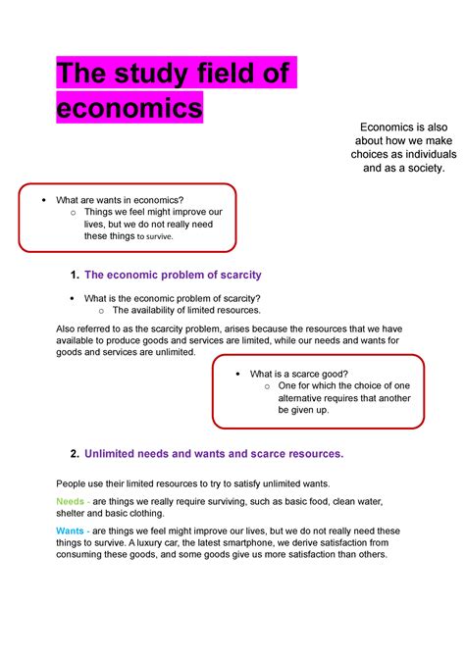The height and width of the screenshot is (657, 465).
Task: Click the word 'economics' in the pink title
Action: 130,106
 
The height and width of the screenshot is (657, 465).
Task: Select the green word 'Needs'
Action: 70,501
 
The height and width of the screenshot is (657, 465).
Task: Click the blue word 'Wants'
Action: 70,530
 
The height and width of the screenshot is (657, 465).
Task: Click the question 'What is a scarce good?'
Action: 299,374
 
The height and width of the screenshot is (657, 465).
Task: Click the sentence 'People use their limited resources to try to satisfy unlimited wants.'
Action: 206,484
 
